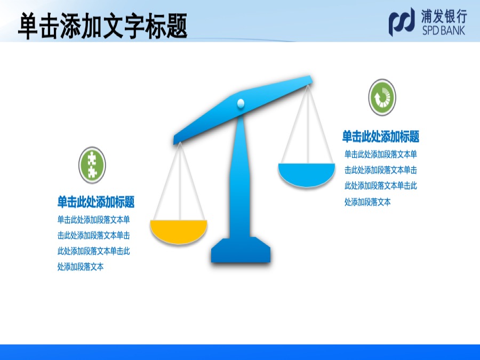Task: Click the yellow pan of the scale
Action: [x=179, y=231]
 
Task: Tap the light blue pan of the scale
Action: [x=307, y=174]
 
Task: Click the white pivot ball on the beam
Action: [x=241, y=103]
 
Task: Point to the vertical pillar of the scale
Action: [x=241, y=178]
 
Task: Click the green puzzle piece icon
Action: [x=92, y=165]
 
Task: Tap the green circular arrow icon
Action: [x=382, y=98]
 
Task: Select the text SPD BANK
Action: [x=444, y=30]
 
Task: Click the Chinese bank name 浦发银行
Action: [x=444, y=16]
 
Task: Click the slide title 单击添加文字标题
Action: [x=102, y=26]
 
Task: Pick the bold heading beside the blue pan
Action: [x=380, y=136]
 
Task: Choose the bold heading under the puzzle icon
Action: [x=96, y=202]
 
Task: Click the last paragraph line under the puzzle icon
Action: [x=81, y=267]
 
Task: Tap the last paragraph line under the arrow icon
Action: [x=367, y=202]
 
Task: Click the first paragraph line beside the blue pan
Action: [x=380, y=154]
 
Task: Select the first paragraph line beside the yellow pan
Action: [x=93, y=220]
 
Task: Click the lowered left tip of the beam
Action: [x=174, y=140]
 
